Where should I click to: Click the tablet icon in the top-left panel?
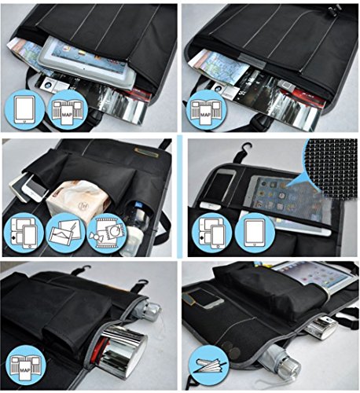click(x=26, y=109)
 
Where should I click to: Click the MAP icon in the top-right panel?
click(x=208, y=109)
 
